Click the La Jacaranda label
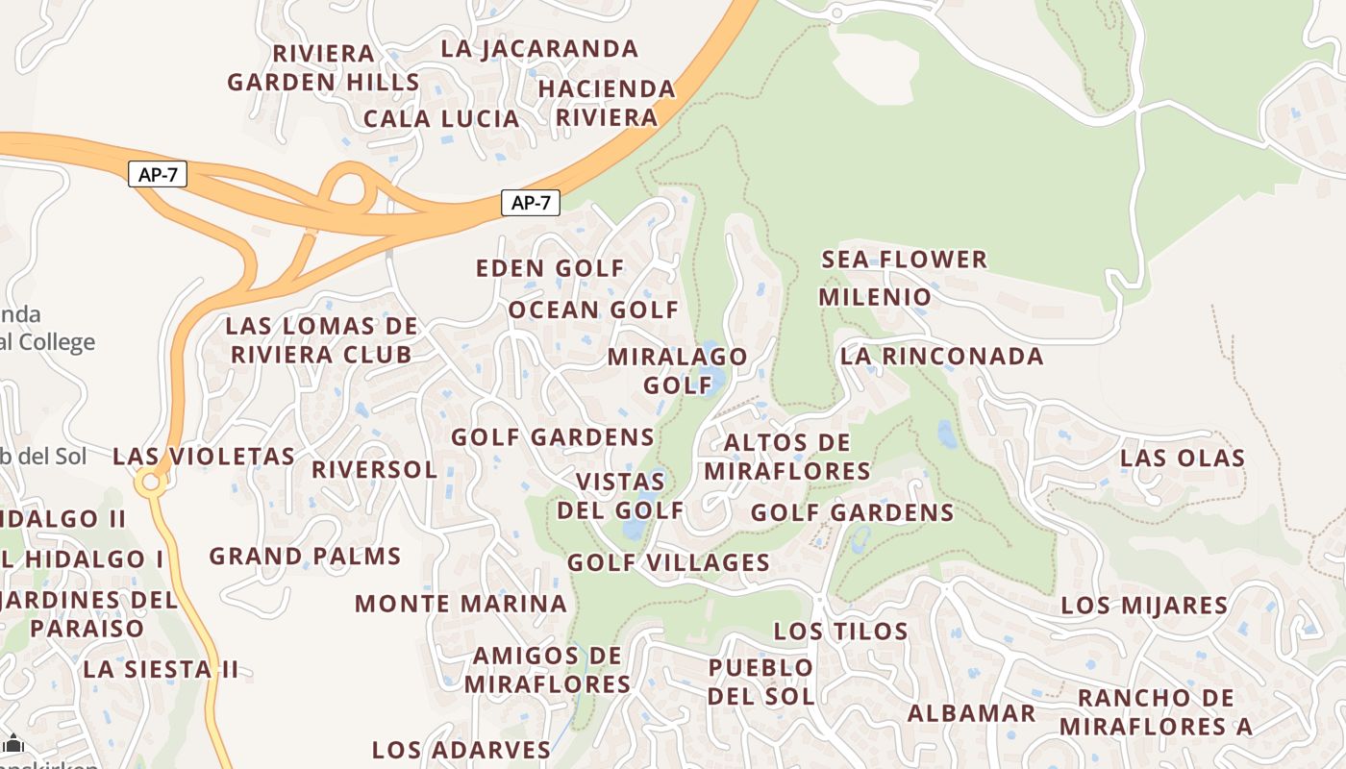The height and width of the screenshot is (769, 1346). [539, 48]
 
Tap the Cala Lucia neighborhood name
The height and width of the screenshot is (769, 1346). [441, 119]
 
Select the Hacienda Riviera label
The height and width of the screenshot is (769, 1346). [607, 103]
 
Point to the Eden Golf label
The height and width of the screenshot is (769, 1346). [550, 268]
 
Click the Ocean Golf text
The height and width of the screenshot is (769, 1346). [593, 310]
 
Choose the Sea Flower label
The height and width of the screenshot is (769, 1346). [904, 260]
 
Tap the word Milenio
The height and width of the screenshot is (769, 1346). [875, 297]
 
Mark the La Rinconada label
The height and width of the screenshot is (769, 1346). [941, 357]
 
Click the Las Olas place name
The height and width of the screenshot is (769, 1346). [1183, 458]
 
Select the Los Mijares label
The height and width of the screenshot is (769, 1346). [1144, 606]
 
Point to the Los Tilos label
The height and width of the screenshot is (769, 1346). [840, 632]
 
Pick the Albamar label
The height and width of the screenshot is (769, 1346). [971, 713]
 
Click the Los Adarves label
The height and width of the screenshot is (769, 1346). [461, 750]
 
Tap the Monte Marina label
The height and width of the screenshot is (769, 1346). [461, 604]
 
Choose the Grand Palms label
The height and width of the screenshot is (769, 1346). [305, 556]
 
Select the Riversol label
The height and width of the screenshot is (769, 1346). [374, 470]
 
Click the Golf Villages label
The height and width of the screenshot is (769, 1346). [668, 562]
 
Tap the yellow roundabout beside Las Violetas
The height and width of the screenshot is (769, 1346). [149, 483]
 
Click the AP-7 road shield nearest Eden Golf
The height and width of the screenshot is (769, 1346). [530, 203]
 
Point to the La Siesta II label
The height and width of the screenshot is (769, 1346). [161, 669]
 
